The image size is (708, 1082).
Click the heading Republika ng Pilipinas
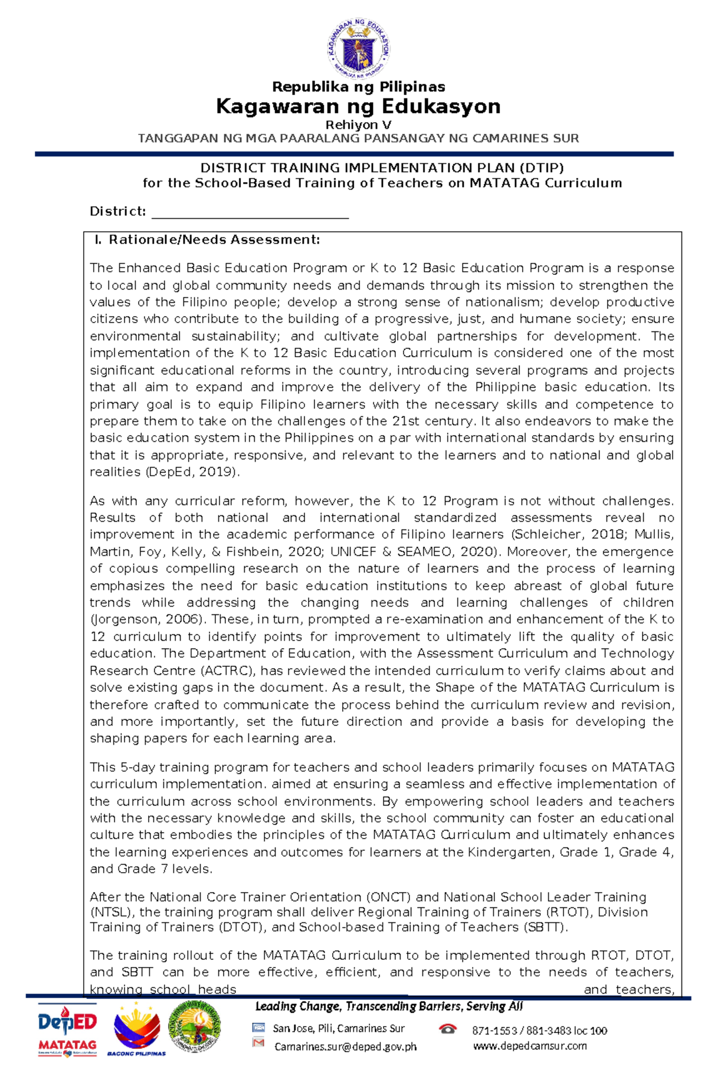pyautogui.click(x=358, y=87)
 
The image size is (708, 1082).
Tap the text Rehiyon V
pyautogui.click(x=358, y=125)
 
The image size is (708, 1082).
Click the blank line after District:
pyautogui.click(x=250, y=212)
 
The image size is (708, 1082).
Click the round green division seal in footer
pyautogui.click(x=195, y=1030)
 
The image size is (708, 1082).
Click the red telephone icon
pyautogui.click(x=448, y=1029)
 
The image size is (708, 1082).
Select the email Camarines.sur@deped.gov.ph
pyautogui.click(x=345, y=1047)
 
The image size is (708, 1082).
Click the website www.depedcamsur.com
pyautogui.click(x=529, y=1046)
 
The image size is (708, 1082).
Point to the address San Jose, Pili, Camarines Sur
pyautogui.click(x=339, y=1029)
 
